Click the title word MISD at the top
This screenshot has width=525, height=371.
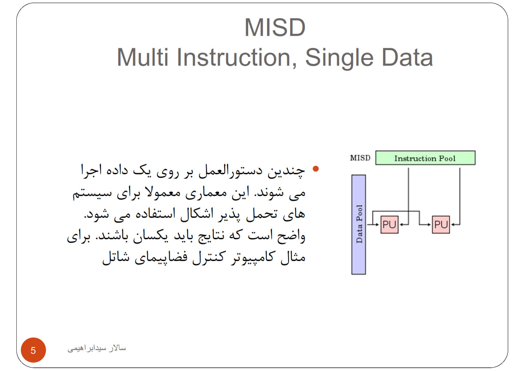(x=275, y=28)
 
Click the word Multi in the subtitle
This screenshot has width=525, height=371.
(x=142, y=57)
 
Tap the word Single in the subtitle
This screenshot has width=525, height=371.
(x=339, y=58)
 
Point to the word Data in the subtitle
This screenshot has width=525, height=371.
(x=407, y=57)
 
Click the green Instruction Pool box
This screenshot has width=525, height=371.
(x=425, y=158)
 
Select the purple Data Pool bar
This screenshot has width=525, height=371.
(x=359, y=224)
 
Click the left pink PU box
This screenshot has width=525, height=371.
(x=389, y=225)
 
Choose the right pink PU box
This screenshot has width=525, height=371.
(x=441, y=225)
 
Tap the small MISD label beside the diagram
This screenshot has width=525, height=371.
(x=360, y=158)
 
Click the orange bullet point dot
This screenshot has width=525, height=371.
(x=316, y=169)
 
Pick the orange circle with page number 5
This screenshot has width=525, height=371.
(x=33, y=350)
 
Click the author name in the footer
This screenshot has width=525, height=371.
(x=97, y=348)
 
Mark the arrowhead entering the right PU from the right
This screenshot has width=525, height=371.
(x=453, y=225)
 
